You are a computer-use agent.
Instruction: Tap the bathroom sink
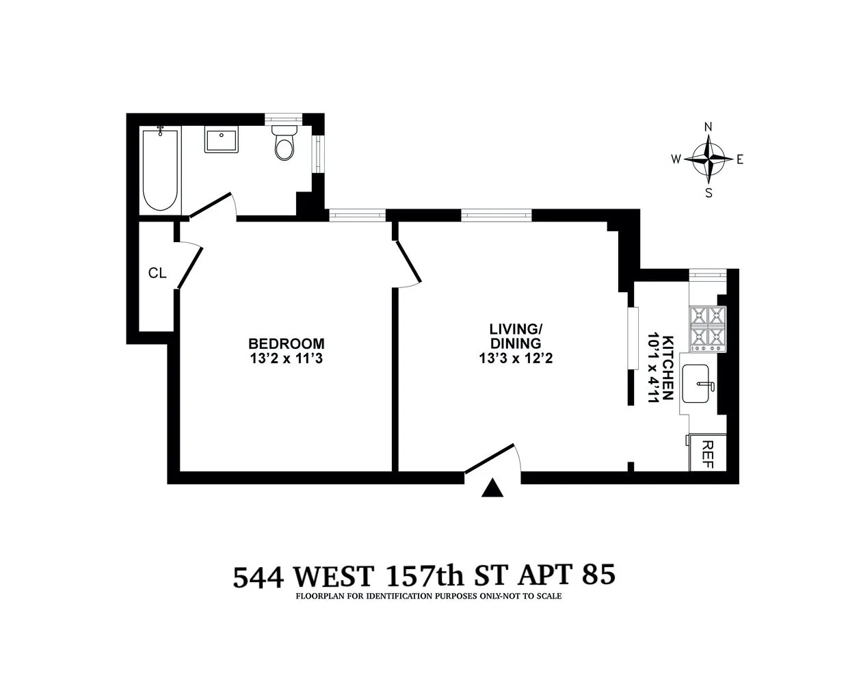tap(221, 141)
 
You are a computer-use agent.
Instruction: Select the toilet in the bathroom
tap(283, 142)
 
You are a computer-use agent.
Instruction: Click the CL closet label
tap(157, 274)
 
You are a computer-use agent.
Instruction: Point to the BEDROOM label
tap(286, 343)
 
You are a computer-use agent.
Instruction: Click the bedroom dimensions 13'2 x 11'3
tap(286, 358)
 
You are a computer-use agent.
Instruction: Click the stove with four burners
tap(708, 328)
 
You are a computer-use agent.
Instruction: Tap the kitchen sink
tap(700, 387)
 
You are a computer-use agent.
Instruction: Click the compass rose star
tap(708, 159)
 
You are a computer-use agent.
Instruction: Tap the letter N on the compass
tap(708, 127)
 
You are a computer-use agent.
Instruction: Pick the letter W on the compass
tap(676, 159)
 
